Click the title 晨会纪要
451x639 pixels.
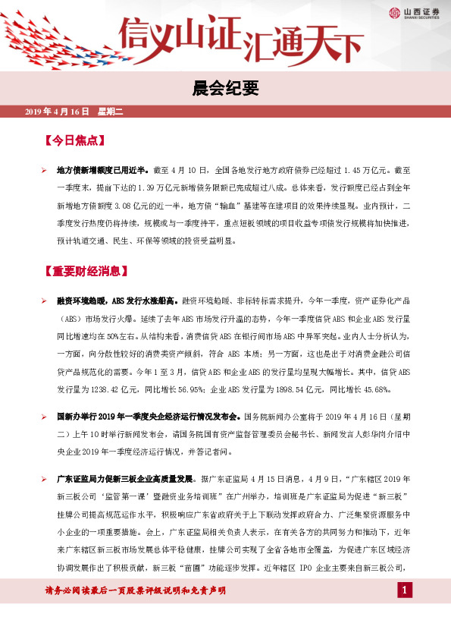coord(226,90)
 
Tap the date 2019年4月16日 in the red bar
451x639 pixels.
coord(57,112)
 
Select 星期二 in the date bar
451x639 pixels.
coord(115,112)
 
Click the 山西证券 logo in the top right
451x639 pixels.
coord(415,11)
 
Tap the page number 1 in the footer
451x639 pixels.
coord(406,590)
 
